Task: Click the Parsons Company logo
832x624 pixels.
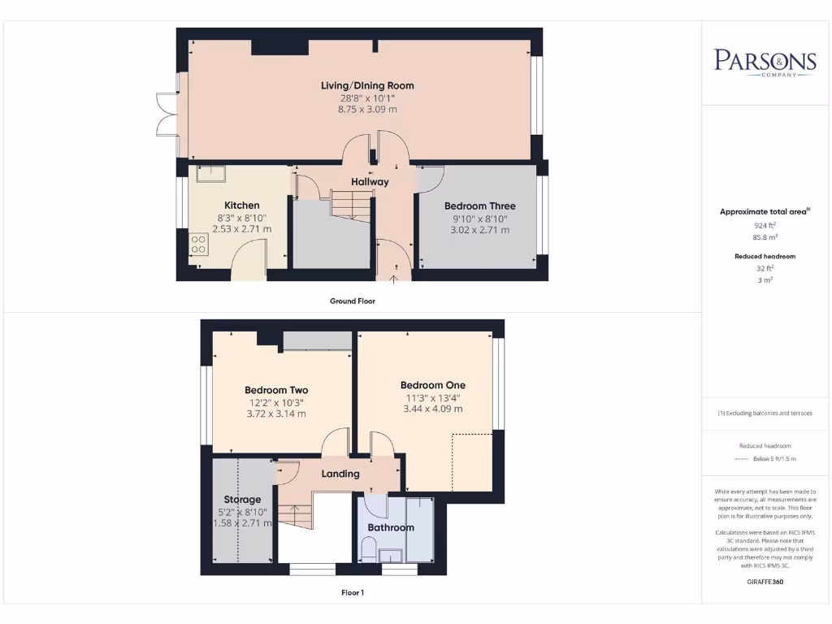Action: click(765, 63)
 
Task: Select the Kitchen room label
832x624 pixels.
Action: click(241, 206)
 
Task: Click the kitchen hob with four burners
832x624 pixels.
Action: click(197, 244)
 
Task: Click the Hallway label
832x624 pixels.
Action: click(370, 182)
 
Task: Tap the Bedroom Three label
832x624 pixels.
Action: click(479, 206)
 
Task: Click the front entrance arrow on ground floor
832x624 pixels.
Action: click(394, 278)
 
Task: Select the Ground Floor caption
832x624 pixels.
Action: click(352, 301)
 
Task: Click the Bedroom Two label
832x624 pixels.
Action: click(276, 390)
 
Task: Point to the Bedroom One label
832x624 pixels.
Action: click(433, 385)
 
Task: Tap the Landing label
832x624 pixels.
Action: click(340, 474)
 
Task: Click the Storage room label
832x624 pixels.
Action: click(242, 500)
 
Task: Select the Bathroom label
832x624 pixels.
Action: click(391, 527)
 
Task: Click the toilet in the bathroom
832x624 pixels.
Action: click(368, 553)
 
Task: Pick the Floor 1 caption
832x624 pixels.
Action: click(352, 593)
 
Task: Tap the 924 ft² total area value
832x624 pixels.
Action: click(764, 225)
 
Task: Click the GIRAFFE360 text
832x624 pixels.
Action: click(764, 582)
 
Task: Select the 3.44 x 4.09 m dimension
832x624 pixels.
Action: click(433, 409)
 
